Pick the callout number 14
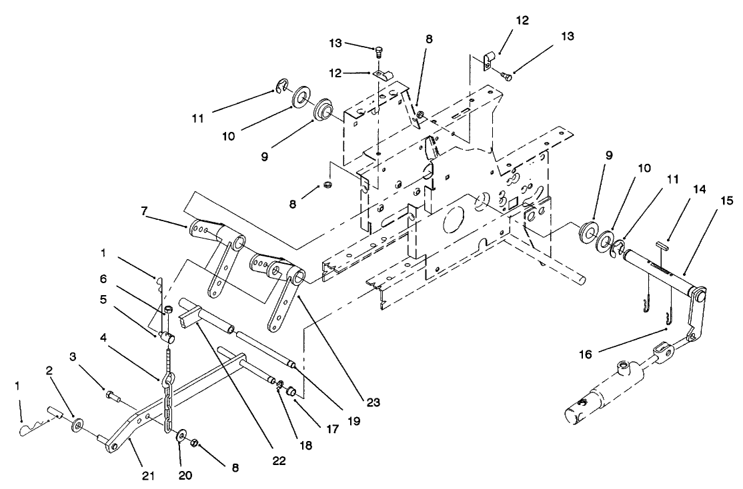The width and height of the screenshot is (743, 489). coord(700,190)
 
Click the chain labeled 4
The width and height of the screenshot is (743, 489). coord(168,400)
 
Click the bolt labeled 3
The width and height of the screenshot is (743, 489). coord(111,397)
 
